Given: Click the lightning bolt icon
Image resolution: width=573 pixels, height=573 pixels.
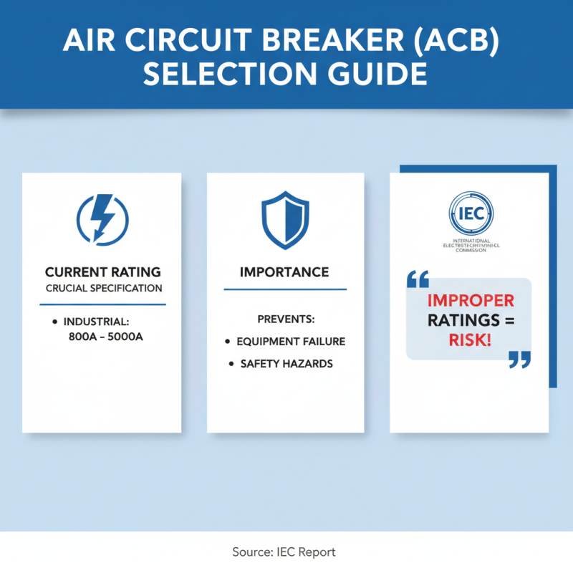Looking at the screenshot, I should click(102, 216).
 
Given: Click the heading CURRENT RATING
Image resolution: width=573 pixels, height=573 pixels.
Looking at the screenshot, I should click(103, 272).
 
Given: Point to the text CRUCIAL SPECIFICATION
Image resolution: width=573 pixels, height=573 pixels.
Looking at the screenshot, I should click(103, 289).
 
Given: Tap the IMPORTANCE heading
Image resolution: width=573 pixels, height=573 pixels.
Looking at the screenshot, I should click(284, 272).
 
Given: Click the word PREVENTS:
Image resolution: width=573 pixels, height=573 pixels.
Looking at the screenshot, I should click(285, 318).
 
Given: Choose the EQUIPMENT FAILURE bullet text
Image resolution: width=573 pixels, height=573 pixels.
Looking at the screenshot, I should click(291, 342).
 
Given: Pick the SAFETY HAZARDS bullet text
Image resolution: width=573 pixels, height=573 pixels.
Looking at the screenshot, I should click(286, 364).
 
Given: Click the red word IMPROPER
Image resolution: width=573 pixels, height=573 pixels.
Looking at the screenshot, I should click(471, 300).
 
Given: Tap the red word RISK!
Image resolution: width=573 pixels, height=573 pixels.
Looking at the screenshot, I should click(471, 340).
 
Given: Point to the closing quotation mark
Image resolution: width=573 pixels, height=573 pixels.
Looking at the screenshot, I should click(519, 360).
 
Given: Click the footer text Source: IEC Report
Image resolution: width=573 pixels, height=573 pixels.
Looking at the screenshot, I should click(284, 552).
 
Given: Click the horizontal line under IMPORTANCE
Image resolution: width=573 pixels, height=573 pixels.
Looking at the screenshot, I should click(285, 289).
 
